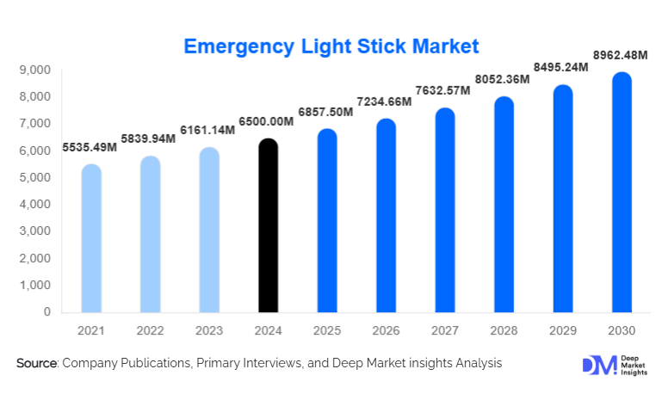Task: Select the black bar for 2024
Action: (269, 225)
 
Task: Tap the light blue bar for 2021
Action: (91, 238)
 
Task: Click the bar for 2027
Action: (445, 210)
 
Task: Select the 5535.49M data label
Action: (91, 148)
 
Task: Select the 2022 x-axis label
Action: (151, 330)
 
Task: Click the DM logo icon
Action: (596, 365)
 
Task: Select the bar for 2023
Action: (209, 230)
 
